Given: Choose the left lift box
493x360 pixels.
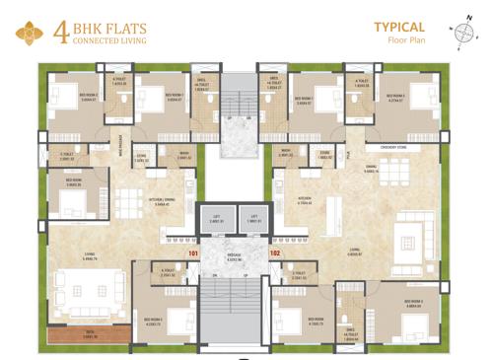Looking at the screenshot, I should click(215, 218).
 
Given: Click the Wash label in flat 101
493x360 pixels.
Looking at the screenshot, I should click(184, 154).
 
